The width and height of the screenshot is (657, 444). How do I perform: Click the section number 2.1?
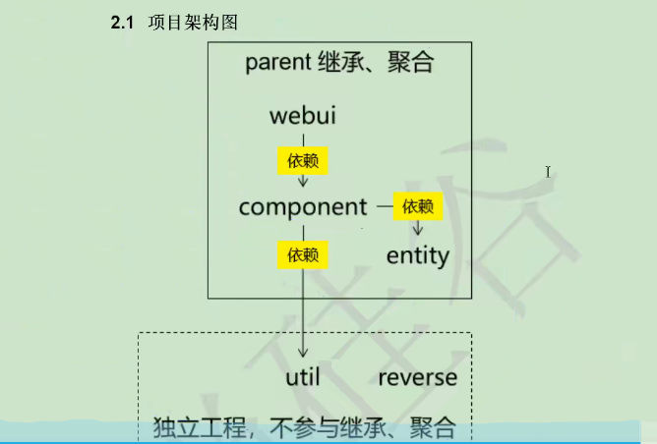122,22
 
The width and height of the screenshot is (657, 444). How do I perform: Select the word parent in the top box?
278,65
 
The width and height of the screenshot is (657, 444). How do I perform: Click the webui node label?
303,116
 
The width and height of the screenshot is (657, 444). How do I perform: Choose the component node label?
302,207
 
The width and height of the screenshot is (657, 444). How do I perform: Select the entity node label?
417,256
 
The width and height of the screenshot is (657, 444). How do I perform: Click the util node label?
303,377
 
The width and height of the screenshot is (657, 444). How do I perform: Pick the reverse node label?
417,377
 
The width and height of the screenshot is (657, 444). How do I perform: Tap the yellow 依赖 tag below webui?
303,160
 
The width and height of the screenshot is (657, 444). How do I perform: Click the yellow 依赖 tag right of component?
418,206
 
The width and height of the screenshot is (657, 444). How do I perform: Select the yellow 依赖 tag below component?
303,255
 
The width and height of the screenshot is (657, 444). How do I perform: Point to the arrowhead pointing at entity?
418,231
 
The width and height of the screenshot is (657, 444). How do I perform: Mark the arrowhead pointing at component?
303,181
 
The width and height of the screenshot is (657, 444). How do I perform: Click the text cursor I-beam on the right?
548,172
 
